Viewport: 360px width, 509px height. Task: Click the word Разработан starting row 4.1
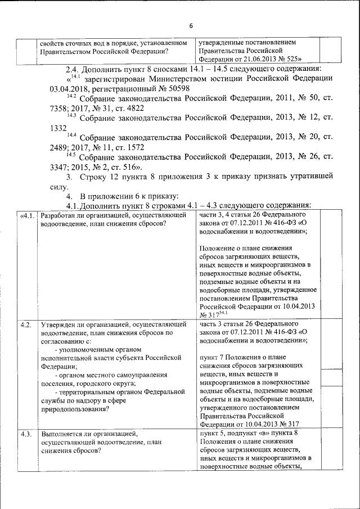click(x=59, y=216)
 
